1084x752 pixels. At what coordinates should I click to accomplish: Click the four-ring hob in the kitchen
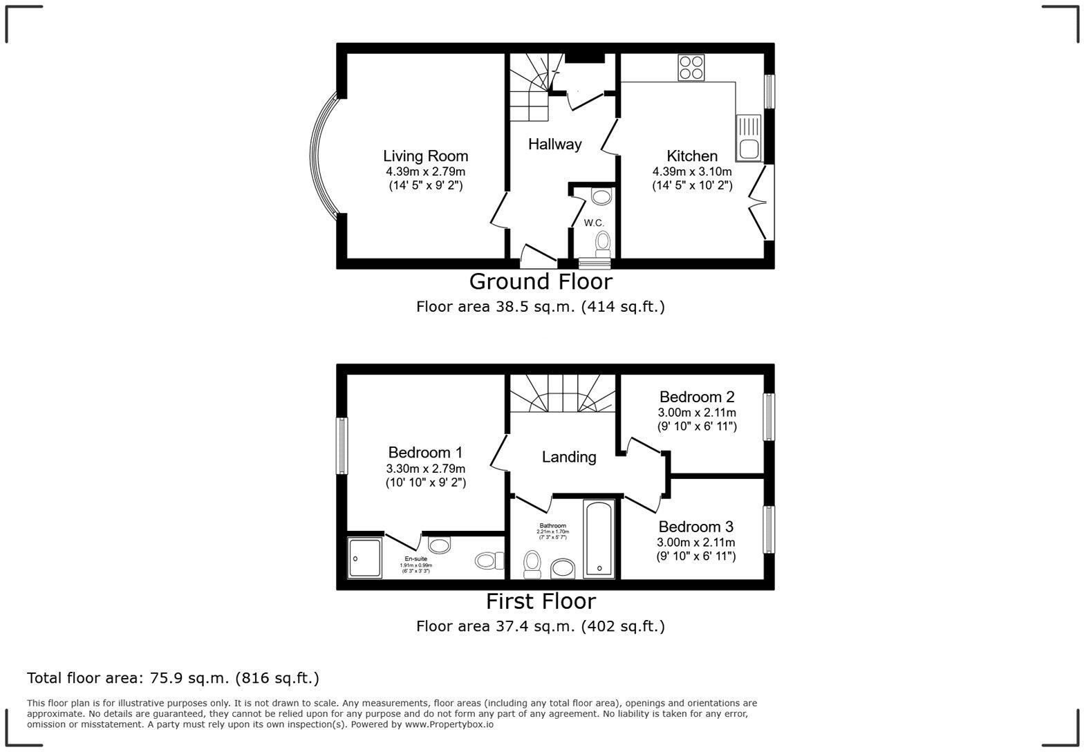[x=691, y=68]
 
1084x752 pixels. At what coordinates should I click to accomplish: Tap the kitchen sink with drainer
[x=748, y=138]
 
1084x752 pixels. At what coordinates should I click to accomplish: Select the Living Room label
[x=425, y=156]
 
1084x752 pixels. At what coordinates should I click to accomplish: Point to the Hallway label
[x=554, y=144]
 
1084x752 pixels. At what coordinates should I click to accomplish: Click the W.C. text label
[x=594, y=223]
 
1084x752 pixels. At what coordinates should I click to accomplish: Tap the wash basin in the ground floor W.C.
[x=601, y=197]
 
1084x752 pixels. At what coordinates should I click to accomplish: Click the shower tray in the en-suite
[x=364, y=557]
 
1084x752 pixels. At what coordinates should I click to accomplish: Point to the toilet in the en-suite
[x=489, y=560]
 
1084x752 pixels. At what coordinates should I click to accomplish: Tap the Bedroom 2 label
[x=696, y=397]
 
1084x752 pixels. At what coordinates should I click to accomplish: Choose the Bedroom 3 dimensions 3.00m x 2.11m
[x=695, y=543]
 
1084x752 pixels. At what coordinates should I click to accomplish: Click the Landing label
[x=568, y=457]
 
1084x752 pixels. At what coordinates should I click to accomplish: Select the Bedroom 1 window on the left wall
[x=342, y=446]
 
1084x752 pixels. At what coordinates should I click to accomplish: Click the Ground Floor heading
[x=541, y=281]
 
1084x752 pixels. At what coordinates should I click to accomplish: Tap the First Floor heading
[x=541, y=601]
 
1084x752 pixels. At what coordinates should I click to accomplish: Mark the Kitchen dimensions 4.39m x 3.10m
[x=691, y=171]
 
